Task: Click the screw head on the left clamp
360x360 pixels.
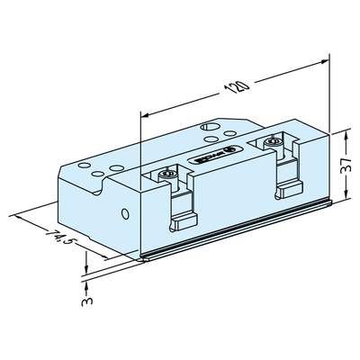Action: click(x=165, y=173)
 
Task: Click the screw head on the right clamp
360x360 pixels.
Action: click(x=273, y=141)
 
